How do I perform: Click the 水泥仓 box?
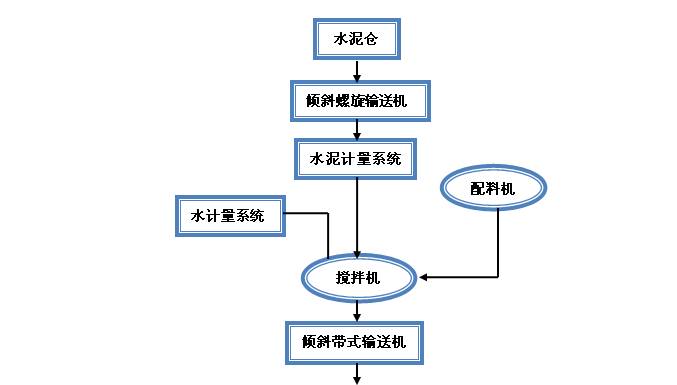click(x=357, y=40)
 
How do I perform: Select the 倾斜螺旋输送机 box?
click(x=357, y=101)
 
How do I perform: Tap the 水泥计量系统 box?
click(x=357, y=158)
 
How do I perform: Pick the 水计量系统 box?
click(x=228, y=215)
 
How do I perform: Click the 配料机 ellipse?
click(x=495, y=187)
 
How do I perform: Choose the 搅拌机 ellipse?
click(x=358, y=277)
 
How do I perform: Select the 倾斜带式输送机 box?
click(x=354, y=340)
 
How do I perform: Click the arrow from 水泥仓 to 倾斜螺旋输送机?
click(x=357, y=71)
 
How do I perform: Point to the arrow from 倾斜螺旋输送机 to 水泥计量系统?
click(x=357, y=129)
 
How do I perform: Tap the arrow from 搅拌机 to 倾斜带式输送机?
click(x=357, y=309)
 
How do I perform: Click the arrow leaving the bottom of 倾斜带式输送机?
click(x=357, y=372)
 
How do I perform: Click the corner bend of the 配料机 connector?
click(x=497, y=275)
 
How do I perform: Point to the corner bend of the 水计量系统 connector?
click(x=328, y=215)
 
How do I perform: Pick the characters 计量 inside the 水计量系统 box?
click(x=220, y=215)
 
